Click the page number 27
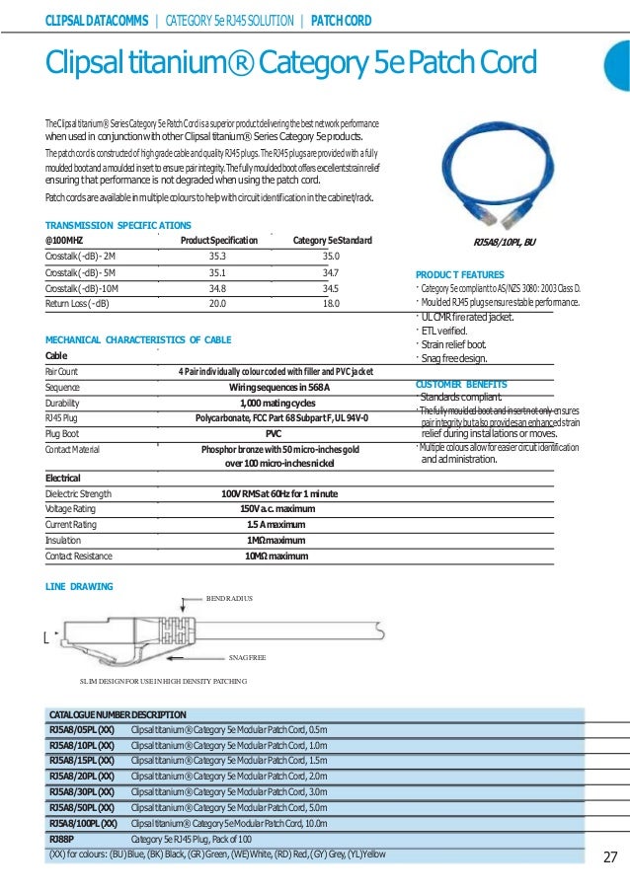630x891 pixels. tap(609, 855)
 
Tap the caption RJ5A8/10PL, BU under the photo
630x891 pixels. tap(506, 241)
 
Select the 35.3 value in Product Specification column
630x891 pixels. tap(219, 255)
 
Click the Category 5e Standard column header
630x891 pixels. tap(333, 241)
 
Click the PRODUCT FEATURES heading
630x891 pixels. tap(460, 273)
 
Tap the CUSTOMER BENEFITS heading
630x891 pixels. tap(461, 384)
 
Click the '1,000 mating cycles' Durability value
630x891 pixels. tap(277, 403)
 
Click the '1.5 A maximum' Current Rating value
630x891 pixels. tap(276, 525)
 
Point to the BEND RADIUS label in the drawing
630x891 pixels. tap(229, 598)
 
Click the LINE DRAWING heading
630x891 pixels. tap(80, 586)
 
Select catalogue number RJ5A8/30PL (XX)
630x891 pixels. tap(82, 792)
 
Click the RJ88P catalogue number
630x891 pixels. tap(61, 839)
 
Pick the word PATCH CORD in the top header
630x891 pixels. tap(346, 19)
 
